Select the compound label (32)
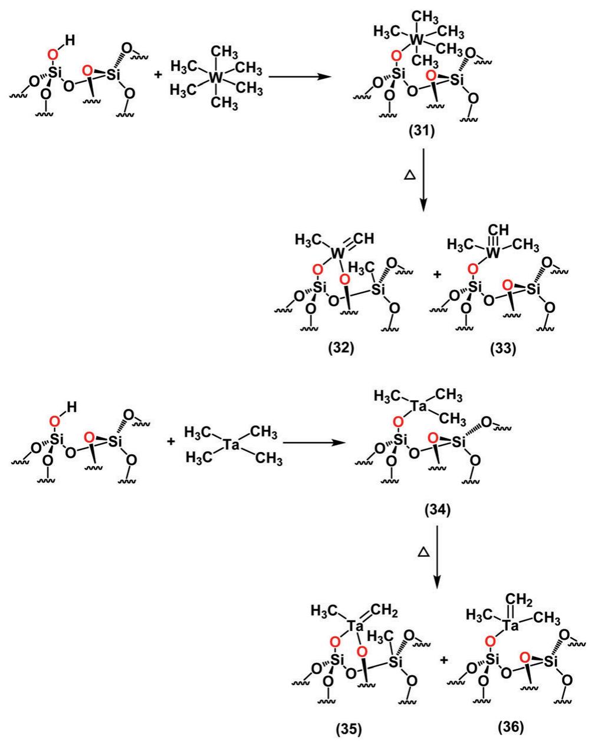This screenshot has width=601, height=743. pos(340,348)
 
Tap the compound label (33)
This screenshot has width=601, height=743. pos(502,348)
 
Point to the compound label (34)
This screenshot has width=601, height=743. pos(437,510)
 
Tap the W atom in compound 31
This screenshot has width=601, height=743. pos(416,39)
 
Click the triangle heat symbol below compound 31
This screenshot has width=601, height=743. pos(407,176)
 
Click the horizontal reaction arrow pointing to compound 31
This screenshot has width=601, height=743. pos(301,77)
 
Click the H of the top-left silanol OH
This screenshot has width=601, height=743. pos(70,41)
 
